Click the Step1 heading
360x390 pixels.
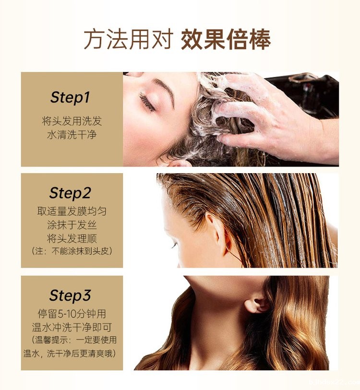pyautogui.click(x=70, y=97)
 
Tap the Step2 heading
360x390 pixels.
pyautogui.click(x=70, y=193)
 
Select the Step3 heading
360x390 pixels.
pyautogui.click(x=70, y=295)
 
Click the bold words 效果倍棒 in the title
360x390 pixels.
pyautogui.click(x=226, y=40)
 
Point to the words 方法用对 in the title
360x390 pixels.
pyautogui.click(x=129, y=40)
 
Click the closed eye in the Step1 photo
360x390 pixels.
pyautogui.click(x=147, y=102)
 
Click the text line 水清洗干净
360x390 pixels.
pyautogui.click(x=72, y=135)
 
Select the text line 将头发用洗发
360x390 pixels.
pyautogui.click(x=72, y=121)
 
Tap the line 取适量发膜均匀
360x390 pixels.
pyautogui.click(x=72, y=211)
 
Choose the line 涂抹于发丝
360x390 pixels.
pyautogui.click(x=72, y=225)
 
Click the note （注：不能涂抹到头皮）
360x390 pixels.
pyautogui.click(x=72, y=251)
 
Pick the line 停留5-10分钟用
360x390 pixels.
pyautogui.click(x=72, y=314)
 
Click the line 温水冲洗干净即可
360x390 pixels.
pyautogui.click(x=72, y=327)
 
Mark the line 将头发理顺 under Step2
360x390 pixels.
pyautogui.click(x=72, y=238)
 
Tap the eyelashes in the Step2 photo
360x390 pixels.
pyautogui.click(x=174, y=246)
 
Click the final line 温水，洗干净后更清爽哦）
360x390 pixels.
pyautogui.click(x=70, y=354)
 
